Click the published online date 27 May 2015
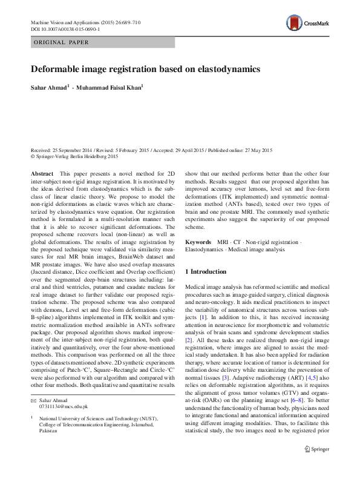257,150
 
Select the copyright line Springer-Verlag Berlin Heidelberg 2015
76,156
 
